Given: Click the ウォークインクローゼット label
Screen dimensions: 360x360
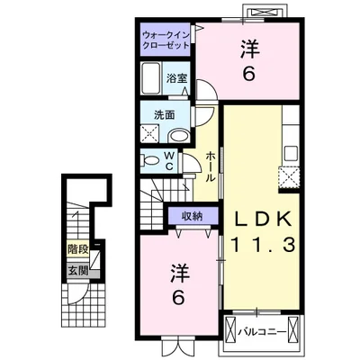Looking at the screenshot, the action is [166, 40].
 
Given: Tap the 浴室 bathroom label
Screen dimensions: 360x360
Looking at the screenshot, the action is [177, 78].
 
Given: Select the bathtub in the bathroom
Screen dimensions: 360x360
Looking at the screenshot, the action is [151, 78].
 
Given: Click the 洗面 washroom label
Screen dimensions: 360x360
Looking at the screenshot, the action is [165, 115].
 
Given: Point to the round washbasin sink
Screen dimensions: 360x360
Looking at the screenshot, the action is [178, 136].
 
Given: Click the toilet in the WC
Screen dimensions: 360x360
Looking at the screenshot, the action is [150, 159].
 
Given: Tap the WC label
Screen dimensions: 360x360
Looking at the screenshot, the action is [169, 161].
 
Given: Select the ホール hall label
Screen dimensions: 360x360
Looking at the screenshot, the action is [211, 166].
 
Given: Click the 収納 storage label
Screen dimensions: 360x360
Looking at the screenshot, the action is [192, 216].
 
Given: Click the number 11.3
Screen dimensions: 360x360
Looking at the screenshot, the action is [263, 245].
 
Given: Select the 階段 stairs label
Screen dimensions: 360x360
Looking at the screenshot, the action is [77, 249].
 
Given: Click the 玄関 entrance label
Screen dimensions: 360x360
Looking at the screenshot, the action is [77, 271].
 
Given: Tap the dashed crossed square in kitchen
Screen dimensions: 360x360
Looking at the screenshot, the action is [289, 177].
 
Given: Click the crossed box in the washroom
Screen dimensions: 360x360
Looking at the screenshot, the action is [149, 133].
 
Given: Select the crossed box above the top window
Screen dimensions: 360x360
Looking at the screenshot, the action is [263, 12].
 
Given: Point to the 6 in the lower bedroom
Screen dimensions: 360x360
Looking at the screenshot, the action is [179, 298].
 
